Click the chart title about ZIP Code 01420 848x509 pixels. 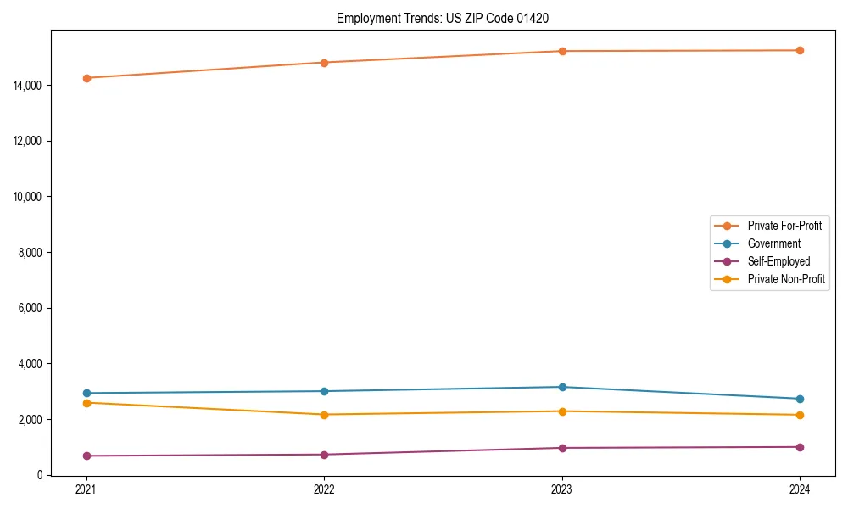pyautogui.click(x=449, y=18)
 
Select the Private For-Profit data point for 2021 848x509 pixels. pyautogui.click(x=86, y=78)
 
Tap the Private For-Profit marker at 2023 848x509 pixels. pyautogui.click(x=562, y=51)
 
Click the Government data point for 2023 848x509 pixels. pyautogui.click(x=562, y=387)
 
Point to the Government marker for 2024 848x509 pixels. pyautogui.click(x=800, y=399)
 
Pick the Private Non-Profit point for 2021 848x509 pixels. pyautogui.click(x=86, y=403)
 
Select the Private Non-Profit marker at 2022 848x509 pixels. pyautogui.click(x=324, y=415)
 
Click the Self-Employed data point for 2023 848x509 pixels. pyautogui.click(x=562, y=448)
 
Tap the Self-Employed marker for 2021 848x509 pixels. pyautogui.click(x=86, y=456)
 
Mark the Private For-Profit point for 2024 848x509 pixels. pyautogui.click(x=800, y=50)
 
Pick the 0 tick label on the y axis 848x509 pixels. pyautogui.click(x=40, y=475)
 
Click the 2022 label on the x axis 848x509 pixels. pyautogui.click(x=324, y=489)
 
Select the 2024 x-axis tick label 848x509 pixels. pyautogui.click(x=800, y=489)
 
